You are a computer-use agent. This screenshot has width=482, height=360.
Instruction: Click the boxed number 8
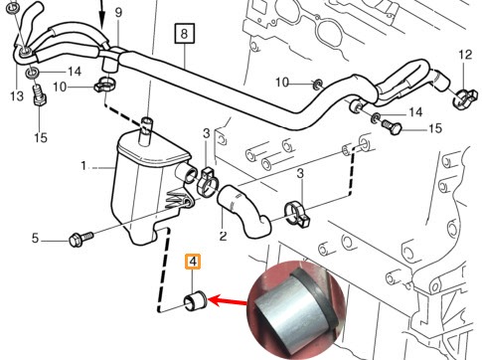click(x=184, y=34)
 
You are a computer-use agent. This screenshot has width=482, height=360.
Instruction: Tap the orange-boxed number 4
click(x=193, y=262)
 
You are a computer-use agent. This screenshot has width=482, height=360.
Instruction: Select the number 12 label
click(x=465, y=55)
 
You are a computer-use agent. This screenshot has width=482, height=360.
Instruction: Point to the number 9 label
click(x=118, y=13)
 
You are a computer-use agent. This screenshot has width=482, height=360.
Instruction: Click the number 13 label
click(x=17, y=96)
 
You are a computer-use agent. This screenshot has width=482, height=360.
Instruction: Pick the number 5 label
click(x=35, y=238)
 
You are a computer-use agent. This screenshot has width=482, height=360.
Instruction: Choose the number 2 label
click(x=224, y=236)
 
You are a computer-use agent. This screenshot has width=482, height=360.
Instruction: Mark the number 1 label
click(x=83, y=165)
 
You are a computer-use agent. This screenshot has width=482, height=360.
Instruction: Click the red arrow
click(x=228, y=301)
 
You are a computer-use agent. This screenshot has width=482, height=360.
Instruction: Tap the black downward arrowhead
click(x=101, y=22)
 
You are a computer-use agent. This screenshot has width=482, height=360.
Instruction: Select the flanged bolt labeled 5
click(x=81, y=239)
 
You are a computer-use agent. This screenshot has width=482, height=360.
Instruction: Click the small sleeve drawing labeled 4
click(x=195, y=300)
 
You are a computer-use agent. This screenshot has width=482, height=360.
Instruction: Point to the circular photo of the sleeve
click(x=296, y=310)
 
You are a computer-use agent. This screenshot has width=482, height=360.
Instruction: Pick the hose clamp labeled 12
click(x=465, y=97)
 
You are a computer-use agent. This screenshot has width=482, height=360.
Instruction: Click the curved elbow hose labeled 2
click(x=244, y=211)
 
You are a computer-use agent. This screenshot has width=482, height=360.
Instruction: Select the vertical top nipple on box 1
click(x=146, y=131)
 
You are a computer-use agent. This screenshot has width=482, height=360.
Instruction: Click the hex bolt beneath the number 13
click(x=39, y=95)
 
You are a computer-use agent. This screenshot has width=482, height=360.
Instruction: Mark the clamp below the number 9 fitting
click(x=104, y=85)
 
